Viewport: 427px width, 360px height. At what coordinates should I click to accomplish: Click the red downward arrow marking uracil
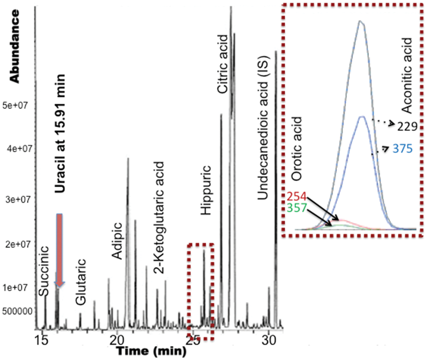[59, 249]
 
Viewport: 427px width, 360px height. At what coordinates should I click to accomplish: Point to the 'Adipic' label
[117, 241]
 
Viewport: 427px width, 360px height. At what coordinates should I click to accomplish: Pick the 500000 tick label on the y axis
[16, 311]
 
